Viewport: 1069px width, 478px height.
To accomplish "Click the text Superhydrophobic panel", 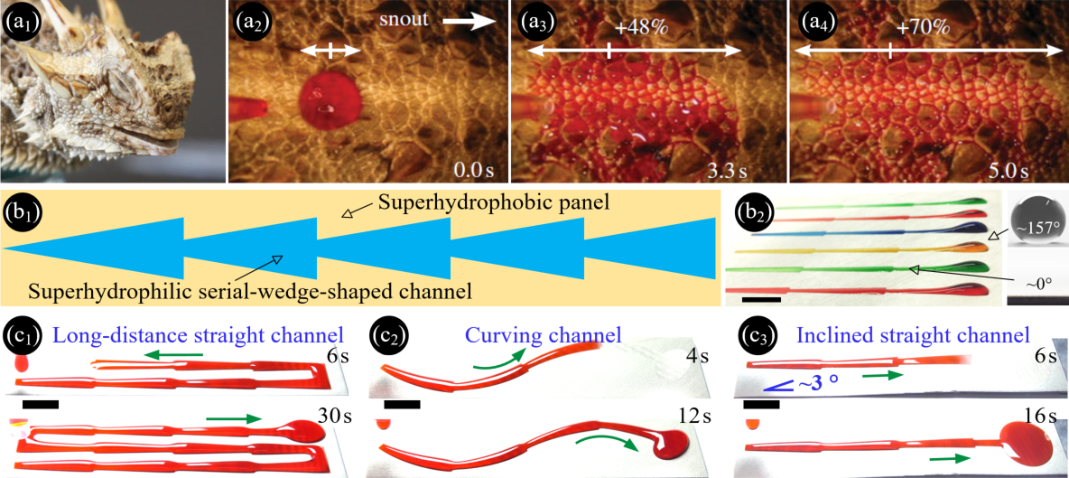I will click(x=484, y=204).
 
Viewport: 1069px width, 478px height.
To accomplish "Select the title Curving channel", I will click(x=544, y=335).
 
